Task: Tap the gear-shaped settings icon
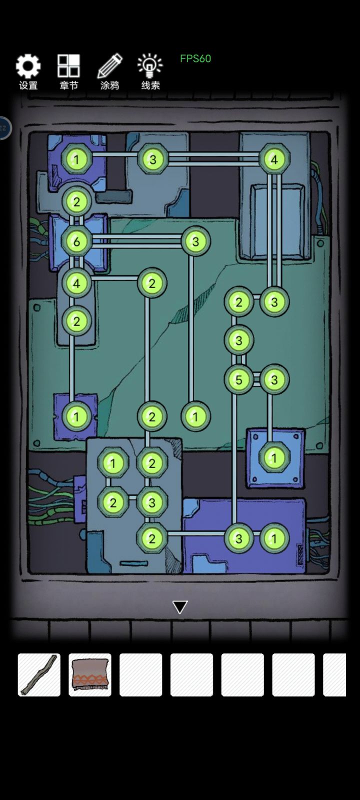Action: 28,66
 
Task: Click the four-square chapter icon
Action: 68,65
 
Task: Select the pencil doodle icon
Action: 110,65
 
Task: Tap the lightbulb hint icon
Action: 150,65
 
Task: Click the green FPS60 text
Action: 195,58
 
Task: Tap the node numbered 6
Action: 76,241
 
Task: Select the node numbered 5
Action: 239,379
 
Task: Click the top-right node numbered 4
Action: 274,159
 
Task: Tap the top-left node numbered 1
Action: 76,159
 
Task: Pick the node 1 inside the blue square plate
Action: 274,458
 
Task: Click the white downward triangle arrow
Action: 180,607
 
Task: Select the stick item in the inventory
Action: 39,674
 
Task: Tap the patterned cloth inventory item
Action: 90,674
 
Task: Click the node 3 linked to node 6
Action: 195,241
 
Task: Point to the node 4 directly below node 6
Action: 76,283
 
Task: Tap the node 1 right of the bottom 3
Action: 274,538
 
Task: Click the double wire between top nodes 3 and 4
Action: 213,159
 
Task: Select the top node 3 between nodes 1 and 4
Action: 153,159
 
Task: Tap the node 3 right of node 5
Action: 274,379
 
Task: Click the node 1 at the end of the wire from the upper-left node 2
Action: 76,416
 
